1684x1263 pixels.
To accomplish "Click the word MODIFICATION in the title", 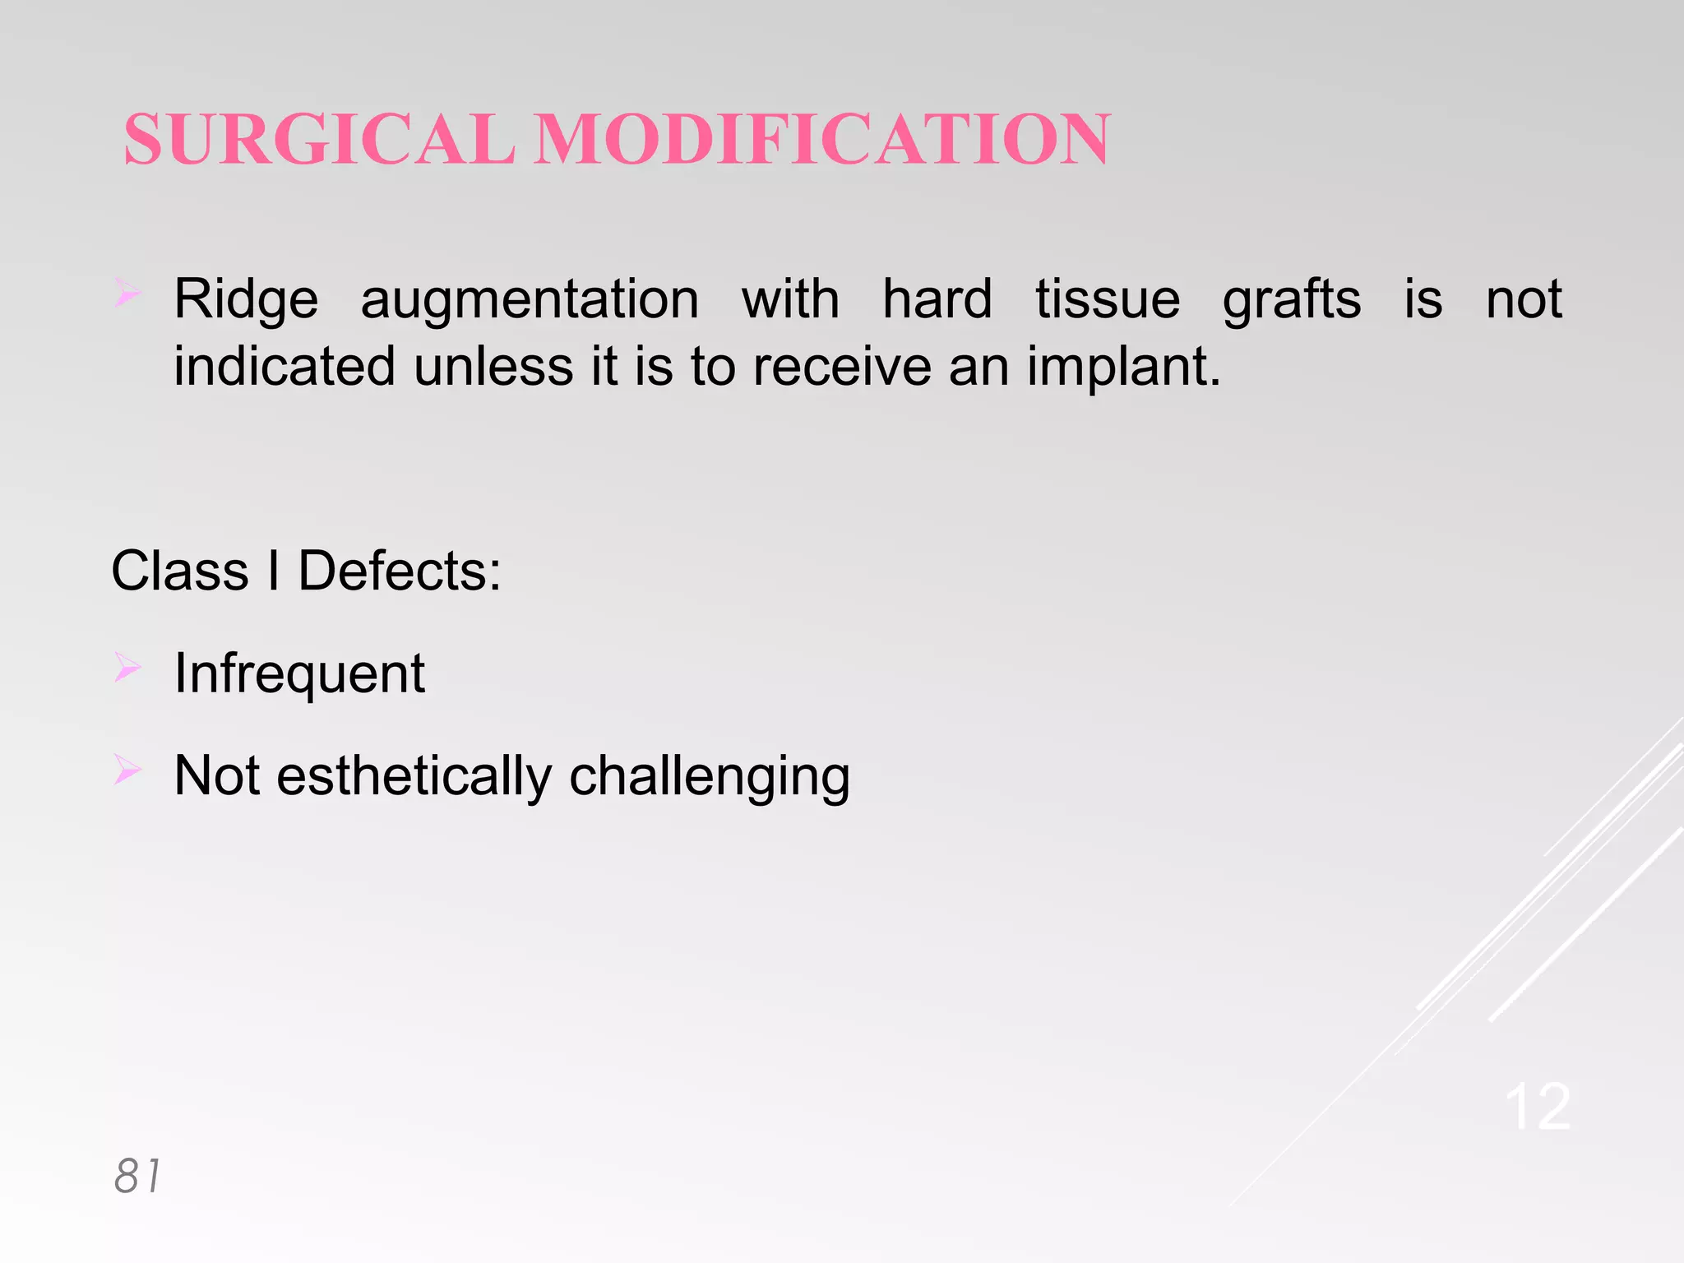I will [823, 140].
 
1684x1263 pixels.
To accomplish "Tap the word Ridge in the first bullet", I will [246, 299].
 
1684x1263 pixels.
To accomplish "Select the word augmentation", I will [530, 299].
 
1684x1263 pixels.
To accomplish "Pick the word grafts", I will [1291, 299].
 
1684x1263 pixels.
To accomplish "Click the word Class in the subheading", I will [180, 571].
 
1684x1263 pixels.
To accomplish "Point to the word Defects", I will [399, 571].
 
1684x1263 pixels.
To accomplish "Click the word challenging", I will [710, 778].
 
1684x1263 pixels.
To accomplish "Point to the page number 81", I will [137, 1176].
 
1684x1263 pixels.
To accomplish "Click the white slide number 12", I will [1538, 1108].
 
